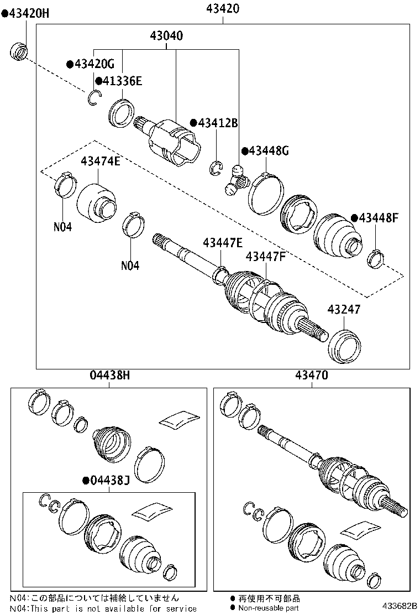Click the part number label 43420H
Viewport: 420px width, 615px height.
[29, 13]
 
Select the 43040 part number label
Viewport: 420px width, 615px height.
[166, 36]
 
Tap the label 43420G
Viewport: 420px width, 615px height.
[94, 64]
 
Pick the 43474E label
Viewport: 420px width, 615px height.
[100, 161]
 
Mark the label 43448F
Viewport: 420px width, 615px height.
[378, 218]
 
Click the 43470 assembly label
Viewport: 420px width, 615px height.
[311, 376]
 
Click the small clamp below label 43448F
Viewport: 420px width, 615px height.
[376, 257]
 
